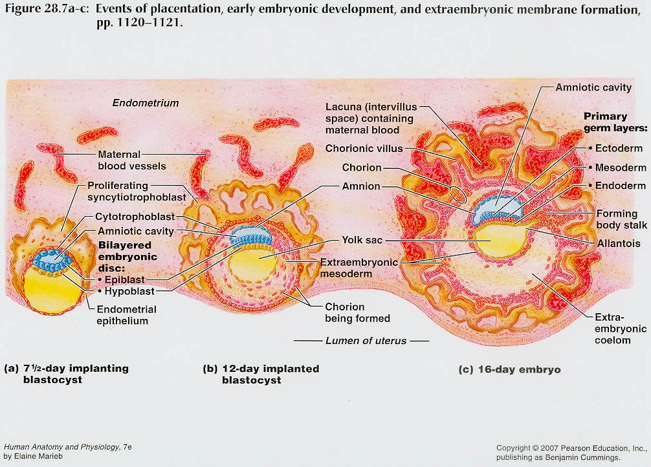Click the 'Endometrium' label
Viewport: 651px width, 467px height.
pyautogui.click(x=146, y=103)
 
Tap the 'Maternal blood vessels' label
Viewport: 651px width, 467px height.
pyautogui.click(x=131, y=160)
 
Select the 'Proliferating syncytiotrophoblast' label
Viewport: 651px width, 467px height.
pyautogui.click(x=137, y=191)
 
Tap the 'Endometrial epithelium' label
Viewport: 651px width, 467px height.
pyautogui.click(x=123, y=315)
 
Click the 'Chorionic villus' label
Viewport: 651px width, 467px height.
pyautogui.click(x=364, y=149)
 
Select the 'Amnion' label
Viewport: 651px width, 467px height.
pyautogui.click(x=361, y=187)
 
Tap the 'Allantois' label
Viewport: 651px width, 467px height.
pyautogui.click(x=618, y=244)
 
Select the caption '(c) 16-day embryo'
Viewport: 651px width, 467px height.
pyautogui.click(x=509, y=369)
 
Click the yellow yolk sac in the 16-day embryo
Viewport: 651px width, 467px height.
pyautogui.click(x=499, y=239)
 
